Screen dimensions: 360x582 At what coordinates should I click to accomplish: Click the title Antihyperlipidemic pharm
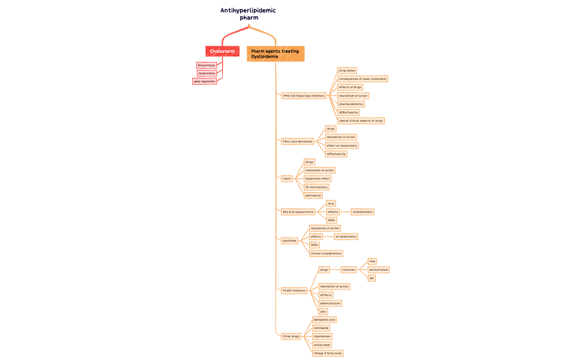[248, 14]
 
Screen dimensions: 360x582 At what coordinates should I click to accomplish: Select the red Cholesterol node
[222, 51]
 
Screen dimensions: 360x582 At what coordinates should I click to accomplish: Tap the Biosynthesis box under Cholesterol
[206, 65]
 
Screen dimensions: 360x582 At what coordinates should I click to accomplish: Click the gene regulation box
[204, 81]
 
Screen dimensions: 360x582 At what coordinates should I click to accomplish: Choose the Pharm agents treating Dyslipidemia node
[275, 54]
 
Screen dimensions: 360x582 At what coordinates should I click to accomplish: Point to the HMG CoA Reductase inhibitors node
[303, 96]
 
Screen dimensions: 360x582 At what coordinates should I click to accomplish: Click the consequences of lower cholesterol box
[363, 79]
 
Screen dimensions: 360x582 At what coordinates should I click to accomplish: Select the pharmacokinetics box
[351, 104]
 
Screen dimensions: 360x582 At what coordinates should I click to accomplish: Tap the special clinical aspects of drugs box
[360, 120]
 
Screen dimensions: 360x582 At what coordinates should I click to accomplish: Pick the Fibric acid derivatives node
[298, 141]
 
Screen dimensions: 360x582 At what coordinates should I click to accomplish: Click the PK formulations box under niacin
[316, 187]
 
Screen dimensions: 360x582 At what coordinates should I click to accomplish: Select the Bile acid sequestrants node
[298, 212]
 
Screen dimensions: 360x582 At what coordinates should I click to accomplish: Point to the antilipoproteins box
[363, 212]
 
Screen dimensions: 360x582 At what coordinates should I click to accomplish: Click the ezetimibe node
[289, 240]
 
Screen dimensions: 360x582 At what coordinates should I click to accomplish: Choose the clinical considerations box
[326, 253]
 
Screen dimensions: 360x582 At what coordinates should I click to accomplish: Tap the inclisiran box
[349, 270]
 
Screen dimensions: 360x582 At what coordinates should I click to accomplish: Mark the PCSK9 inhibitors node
[294, 290]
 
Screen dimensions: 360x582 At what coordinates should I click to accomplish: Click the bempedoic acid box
[324, 320]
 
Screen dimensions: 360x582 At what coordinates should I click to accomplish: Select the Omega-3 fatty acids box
[328, 353]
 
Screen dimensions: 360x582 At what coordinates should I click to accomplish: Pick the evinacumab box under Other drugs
[322, 344]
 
